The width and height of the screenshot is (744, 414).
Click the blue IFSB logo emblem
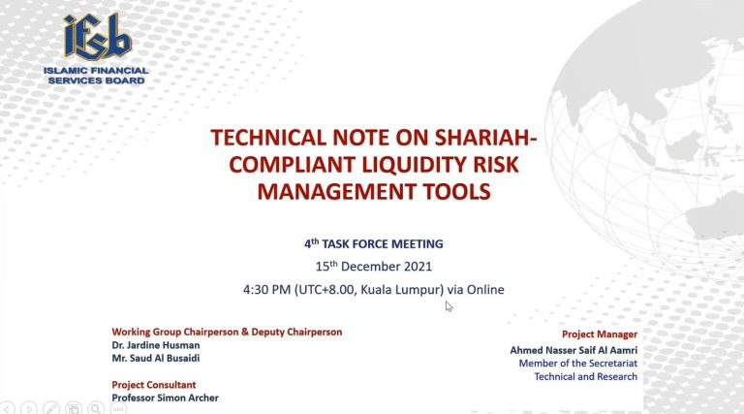tap(97, 37)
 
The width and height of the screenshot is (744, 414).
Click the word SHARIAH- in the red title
tap(486, 138)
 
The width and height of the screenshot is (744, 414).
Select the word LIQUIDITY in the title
tap(414, 165)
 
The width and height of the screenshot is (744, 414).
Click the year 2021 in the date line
tap(418, 267)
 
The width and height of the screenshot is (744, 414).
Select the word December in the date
tap(370, 267)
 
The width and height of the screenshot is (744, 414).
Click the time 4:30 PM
tap(266, 290)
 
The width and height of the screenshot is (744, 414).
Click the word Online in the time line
tap(485, 290)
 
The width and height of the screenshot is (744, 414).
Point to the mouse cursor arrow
tap(449, 306)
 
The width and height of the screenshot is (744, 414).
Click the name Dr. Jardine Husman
tap(156, 345)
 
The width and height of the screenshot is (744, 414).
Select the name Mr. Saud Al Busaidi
tap(156, 358)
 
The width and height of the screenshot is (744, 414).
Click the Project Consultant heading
tap(154, 385)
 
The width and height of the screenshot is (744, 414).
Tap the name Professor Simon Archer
tap(165, 398)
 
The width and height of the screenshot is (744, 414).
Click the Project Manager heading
tap(600, 334)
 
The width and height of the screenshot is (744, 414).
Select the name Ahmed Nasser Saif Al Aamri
tap(573, 350)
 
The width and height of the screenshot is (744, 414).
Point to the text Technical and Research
tap(586, 376)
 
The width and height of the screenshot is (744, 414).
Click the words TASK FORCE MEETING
tap(383, 244)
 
